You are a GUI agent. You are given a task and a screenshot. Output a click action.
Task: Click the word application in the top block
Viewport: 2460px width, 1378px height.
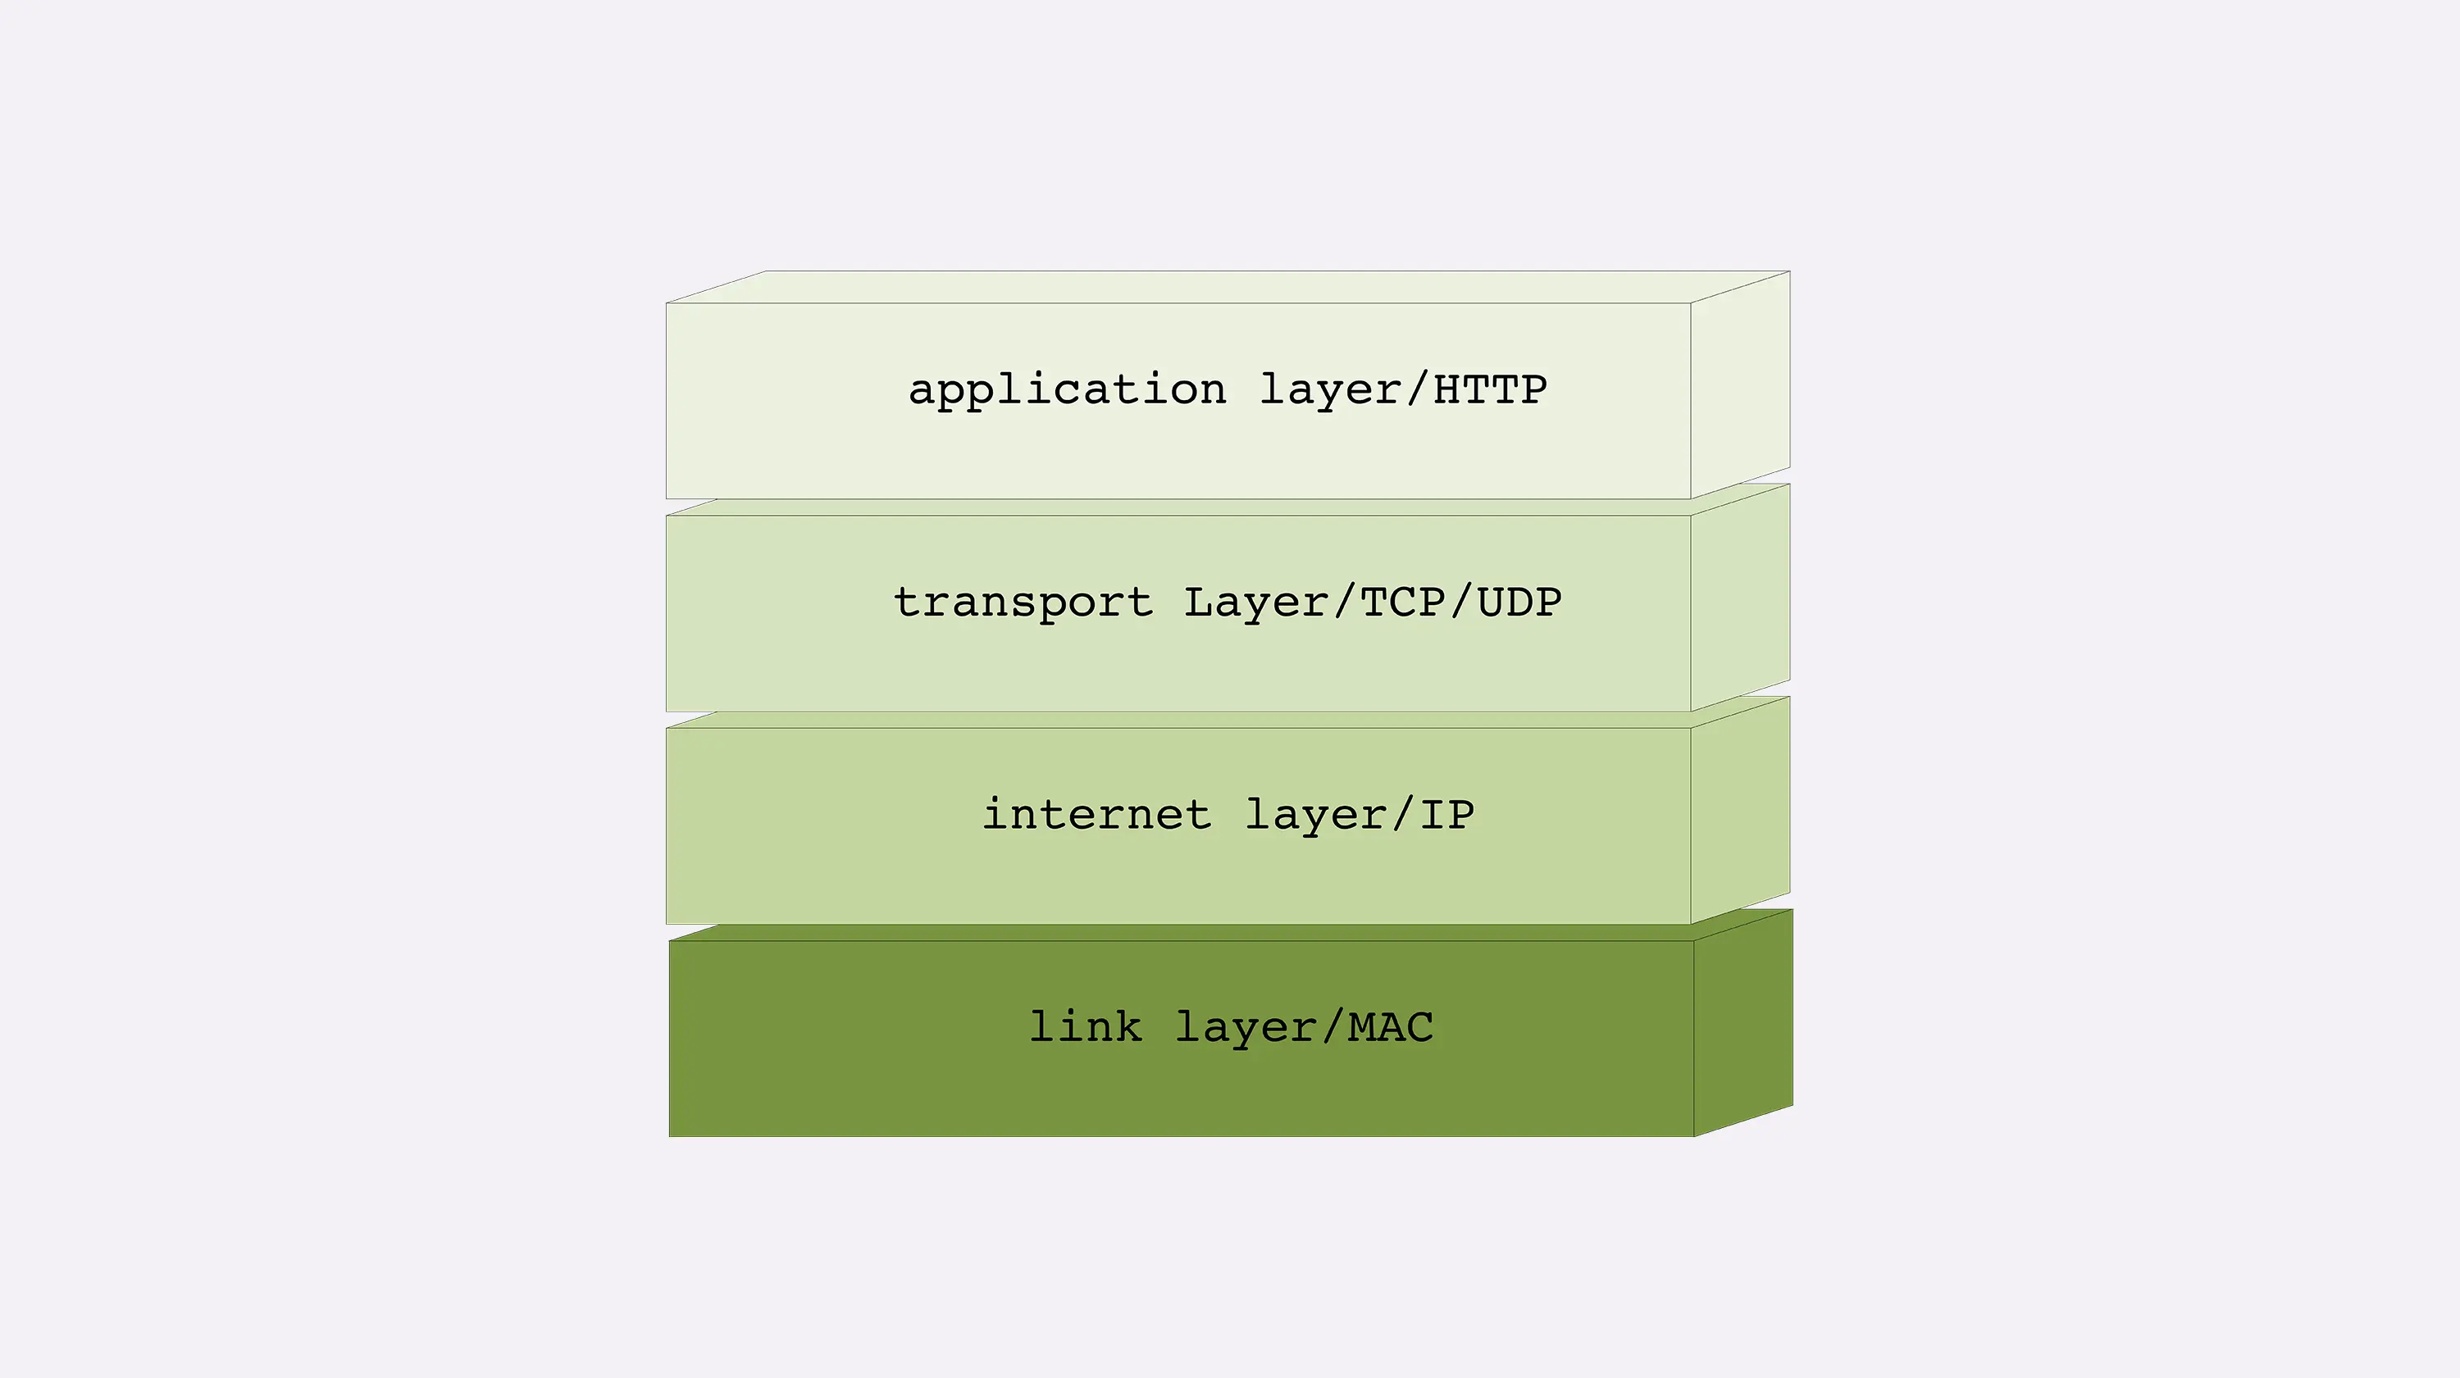(1067, 390)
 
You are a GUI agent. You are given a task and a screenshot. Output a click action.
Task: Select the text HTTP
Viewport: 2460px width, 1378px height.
(1490, 389)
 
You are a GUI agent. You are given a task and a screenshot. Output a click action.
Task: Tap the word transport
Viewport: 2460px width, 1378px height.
(1023, 603)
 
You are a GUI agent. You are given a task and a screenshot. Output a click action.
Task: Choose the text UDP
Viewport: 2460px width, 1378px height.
(1519, 603)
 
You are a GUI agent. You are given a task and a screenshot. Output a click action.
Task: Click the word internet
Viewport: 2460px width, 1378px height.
(1096, 815)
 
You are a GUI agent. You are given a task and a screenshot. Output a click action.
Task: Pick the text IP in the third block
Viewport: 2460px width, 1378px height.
(1446, 815)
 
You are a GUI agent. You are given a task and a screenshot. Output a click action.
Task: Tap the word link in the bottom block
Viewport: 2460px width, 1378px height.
(1085, 1026)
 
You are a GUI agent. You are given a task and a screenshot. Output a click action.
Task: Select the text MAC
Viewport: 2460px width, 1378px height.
(1391, 1027)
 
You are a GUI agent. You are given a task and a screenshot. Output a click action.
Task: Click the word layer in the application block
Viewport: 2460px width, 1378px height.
(1329, 390)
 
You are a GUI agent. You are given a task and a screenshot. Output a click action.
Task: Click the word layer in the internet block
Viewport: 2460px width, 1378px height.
(1315, 815)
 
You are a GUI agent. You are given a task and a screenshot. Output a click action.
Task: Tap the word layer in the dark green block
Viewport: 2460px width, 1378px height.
(1246, 1027)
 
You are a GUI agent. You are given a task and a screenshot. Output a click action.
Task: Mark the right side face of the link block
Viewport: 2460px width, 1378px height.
(1742, 1023)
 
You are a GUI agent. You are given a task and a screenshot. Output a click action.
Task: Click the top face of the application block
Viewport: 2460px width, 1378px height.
(1228, 286)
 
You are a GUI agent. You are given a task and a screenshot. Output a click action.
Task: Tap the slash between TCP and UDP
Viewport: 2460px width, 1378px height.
(1460, 603)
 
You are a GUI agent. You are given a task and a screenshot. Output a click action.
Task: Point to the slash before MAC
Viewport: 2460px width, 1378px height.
(1332, 1027)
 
